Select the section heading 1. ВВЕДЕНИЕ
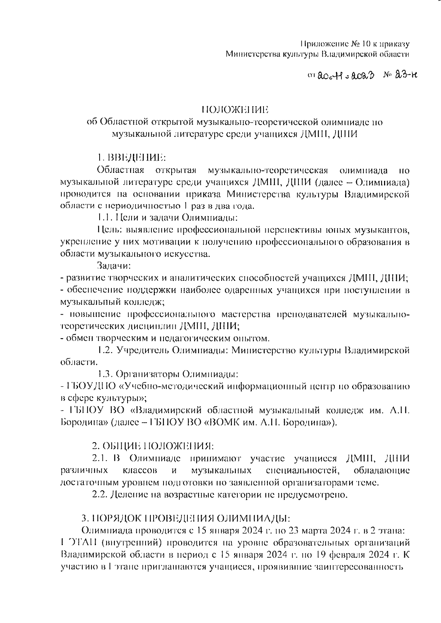pos(132,158)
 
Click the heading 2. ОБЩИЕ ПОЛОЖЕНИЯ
pos(153,446)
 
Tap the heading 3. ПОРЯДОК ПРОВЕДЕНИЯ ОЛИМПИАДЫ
pos(186,518)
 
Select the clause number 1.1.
pos(104,218)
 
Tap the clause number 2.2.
pos(99,494)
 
